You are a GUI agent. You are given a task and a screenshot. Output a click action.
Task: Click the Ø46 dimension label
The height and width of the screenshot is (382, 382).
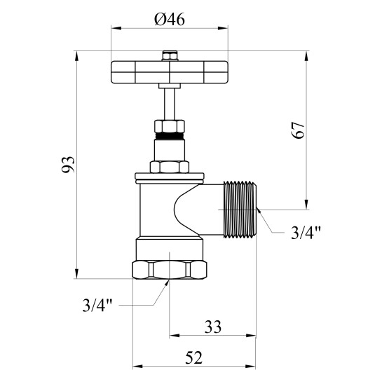pos(170,19)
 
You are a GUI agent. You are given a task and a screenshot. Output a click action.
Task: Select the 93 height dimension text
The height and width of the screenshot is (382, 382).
pos(68,165)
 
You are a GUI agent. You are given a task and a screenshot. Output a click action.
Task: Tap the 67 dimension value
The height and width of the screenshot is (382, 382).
pos(298,130)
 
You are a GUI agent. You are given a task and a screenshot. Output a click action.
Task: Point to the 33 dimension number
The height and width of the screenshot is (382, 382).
pos(213,327)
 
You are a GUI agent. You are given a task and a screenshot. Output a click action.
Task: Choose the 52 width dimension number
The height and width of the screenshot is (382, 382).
pos(194,358)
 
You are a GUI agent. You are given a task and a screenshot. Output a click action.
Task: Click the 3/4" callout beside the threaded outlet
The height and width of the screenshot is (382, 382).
pos(306,233)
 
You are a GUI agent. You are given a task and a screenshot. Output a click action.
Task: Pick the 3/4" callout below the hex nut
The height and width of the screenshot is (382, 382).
pos(97,305)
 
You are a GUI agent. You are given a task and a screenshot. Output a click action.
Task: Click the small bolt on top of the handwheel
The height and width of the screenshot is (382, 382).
pos(170,55)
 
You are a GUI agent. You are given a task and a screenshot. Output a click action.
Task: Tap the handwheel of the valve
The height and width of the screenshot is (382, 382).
pos(170,72)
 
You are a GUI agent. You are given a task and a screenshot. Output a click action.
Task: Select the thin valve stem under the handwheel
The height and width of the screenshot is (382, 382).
pos(170,104)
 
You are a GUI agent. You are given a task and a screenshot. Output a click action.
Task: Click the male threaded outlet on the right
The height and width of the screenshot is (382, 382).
pos(240,210)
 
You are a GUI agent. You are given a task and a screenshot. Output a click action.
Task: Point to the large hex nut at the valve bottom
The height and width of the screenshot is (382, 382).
pos(170,270)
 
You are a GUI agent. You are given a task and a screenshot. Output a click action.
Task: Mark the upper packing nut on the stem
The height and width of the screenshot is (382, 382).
pos(170,126)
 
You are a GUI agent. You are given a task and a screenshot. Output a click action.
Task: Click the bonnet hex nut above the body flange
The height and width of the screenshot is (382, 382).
pos(170,167)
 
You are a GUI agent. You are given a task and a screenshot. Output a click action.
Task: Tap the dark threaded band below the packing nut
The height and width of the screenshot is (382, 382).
pos(170,136)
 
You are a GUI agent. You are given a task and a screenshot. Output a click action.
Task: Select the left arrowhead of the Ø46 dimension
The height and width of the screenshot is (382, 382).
pos(116,28)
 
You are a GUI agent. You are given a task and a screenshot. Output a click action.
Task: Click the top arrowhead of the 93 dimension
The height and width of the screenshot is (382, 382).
pos(76,56)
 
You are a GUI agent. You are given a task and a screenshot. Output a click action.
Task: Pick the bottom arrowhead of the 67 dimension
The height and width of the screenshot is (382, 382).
pos(306,204)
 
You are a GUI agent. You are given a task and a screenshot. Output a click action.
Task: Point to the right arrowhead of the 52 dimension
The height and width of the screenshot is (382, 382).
pos(250,367)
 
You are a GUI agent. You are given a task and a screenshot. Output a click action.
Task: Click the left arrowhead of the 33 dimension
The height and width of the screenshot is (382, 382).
pos(175,336)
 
